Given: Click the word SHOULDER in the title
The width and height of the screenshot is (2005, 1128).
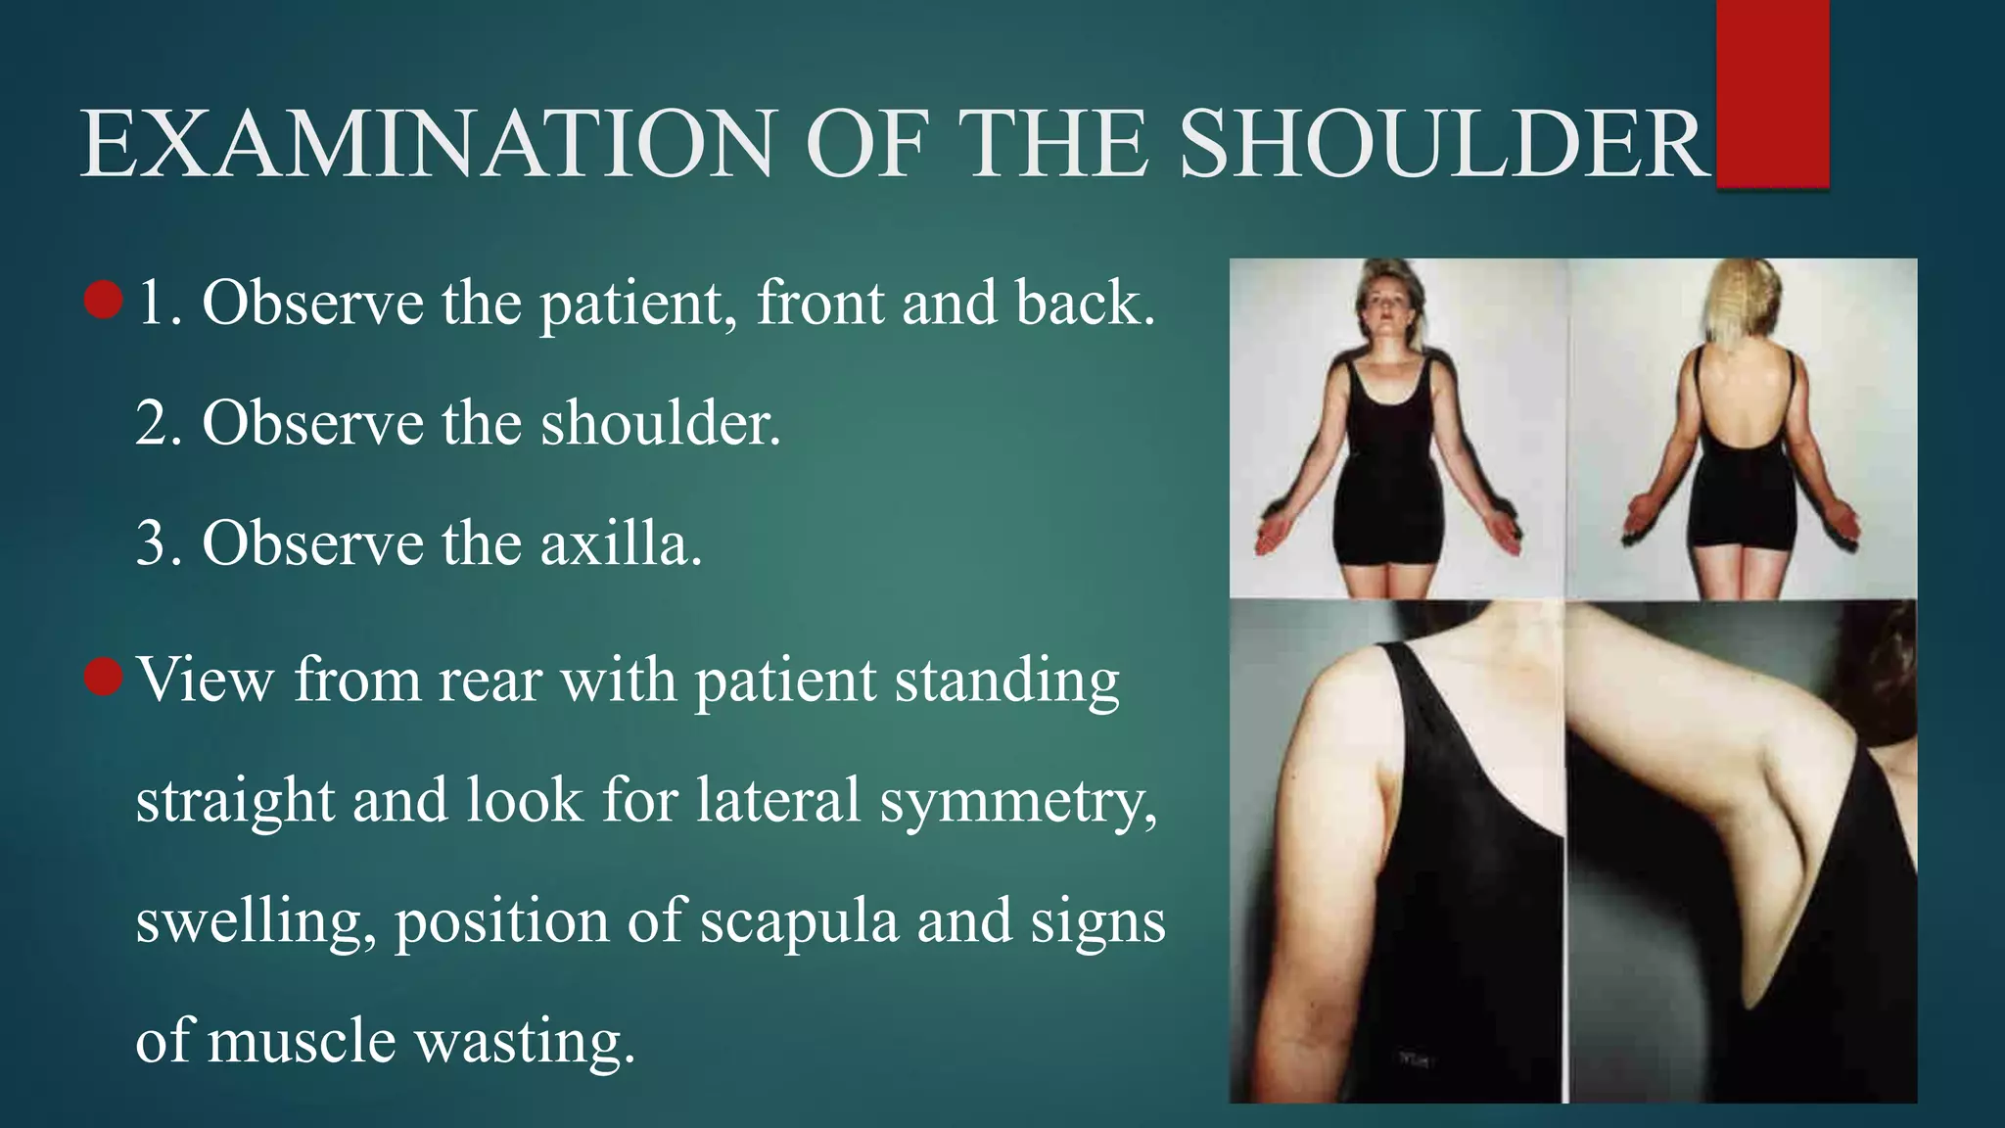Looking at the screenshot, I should point(1443,144).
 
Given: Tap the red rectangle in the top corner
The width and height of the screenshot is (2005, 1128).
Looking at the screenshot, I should point(1772,93).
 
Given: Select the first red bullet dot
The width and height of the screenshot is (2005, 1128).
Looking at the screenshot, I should point(103,301).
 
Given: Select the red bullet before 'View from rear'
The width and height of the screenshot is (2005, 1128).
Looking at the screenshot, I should point(103,677).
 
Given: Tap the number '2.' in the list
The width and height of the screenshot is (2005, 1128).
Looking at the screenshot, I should point(160,424).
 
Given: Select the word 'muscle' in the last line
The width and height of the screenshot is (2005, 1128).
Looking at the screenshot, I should point(302,1042).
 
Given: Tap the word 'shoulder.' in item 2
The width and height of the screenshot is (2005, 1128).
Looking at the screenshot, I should point(661,424).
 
